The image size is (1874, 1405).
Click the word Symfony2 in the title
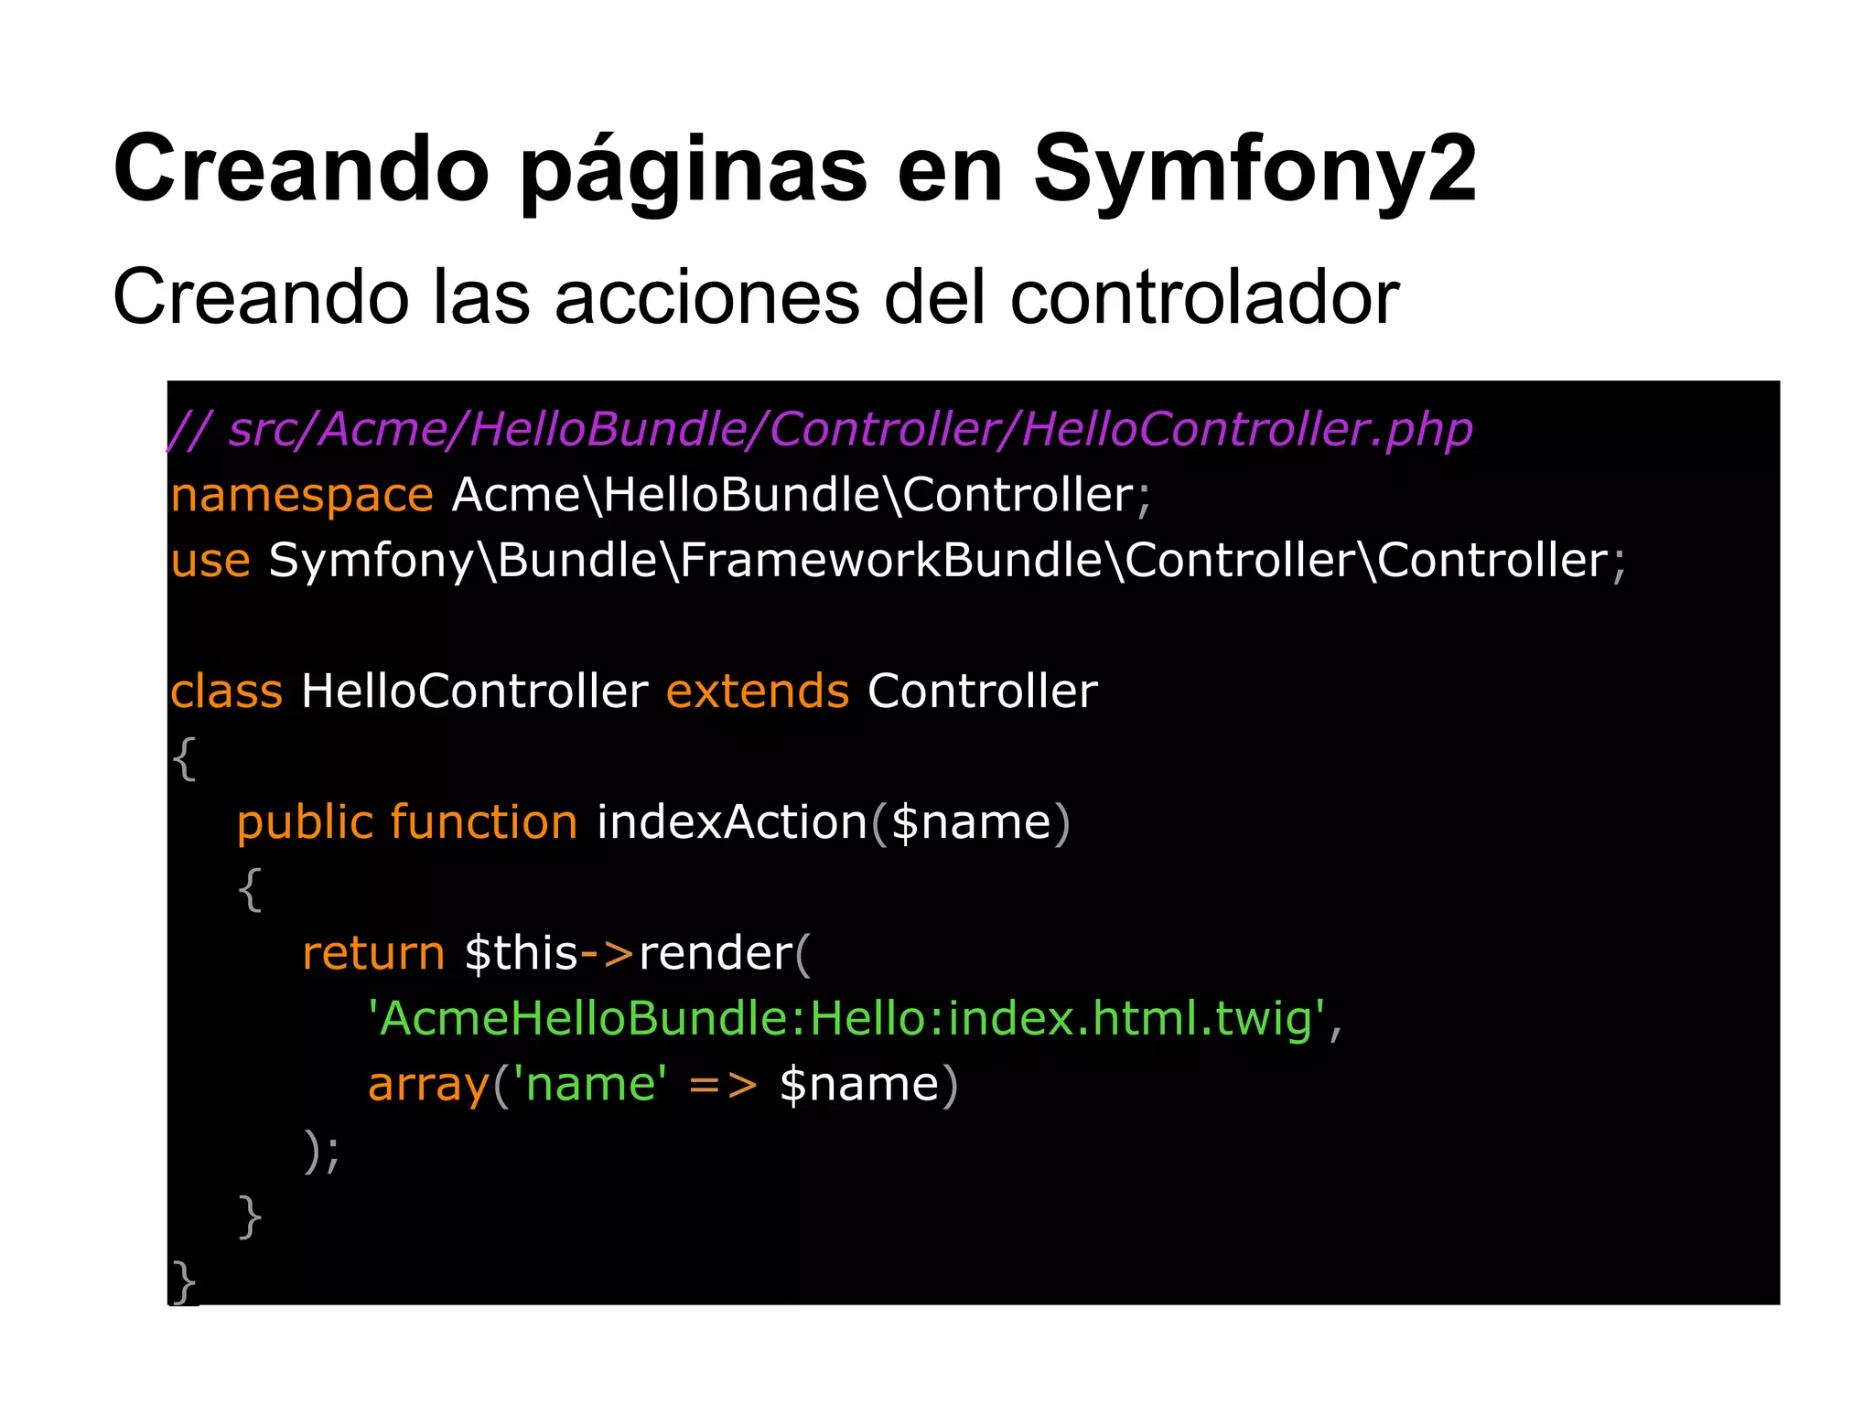pyautogui.click(x=1255, y=170)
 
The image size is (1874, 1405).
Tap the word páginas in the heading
pyautogui.click(x=694, y=170)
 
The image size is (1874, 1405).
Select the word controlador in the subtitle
pyautogui.click(x=1204, y=297)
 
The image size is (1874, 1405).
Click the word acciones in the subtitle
pyautogui.click(x=707, y=297)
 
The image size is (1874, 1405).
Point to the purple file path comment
pyautogui.click(x=821, y=429)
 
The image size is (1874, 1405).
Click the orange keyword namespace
pyautogui.click(x=302, y=496)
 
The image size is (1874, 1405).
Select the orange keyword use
pyautogui.click(x=210, y=561)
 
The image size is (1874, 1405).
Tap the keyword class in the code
pyautogui.click(x=226, y=691)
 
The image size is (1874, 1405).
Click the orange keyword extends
pyautogui.click(x=758, y=691)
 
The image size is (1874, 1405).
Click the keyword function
pyautogui.click(x=484, y=821)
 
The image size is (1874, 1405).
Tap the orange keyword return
pyautogui.click(x=373, y=953)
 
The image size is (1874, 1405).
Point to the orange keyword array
pyautogui.click(x=428, y=1085)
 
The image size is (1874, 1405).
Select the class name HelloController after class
pyautogui.click(x=474, y=691)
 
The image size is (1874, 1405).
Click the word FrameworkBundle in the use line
pyautogui.click(x=891, y=561)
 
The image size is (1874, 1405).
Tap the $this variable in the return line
pyautogui.click(x=521, y=953)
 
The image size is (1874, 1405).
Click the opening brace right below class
pyautogui.click(x=184, y=758)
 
